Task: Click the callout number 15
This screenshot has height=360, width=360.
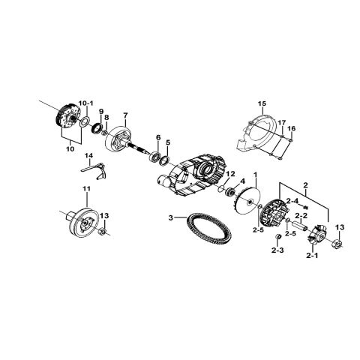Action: (x=262, y=103)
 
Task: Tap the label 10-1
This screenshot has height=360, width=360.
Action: (x=86, y=103)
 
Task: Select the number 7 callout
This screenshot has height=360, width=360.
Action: (x=125, y=115)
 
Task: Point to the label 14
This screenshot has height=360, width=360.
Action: (x=88, y=156)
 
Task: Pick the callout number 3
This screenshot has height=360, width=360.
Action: (x=170, y=218)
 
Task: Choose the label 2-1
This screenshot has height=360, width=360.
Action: (x=313, y=255)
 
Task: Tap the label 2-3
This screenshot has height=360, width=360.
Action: (x=277, y=250)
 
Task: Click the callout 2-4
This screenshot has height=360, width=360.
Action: (x=292, y=201)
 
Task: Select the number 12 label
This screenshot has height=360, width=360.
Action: (x=231, y=174)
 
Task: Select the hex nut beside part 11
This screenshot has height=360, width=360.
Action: (x=102, y=232)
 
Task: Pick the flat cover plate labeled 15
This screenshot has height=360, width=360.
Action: (x=256, y=134)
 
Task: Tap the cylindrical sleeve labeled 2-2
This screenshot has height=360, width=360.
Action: (x=299, y=224)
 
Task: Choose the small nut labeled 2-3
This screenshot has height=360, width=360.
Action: (x=277, y=237)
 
